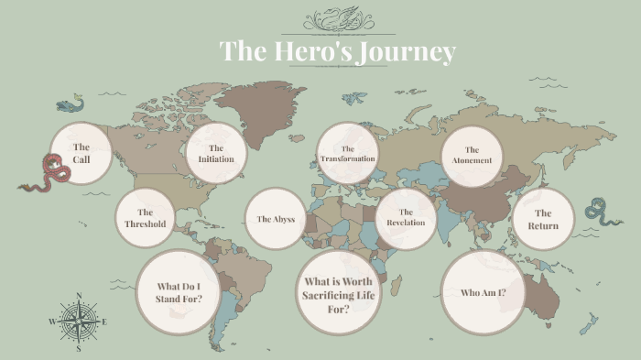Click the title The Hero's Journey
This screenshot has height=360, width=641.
pyautogui.click(x=337, y=51)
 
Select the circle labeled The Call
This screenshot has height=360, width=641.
pyautogui.click(x=81, y=153)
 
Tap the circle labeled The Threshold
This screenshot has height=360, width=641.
pyautogui.click(x=146, y=218)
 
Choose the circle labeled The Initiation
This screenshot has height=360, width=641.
pyautogui.click(x=216, y=153)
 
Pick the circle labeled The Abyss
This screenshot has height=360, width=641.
pyautogui.click(x=276, y=219)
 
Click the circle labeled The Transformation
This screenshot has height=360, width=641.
pyautogui.click(x=348, y=153)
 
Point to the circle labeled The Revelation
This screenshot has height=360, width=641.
pyautogui.click(x=406, y=218)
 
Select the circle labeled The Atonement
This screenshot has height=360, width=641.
pyautogui.click(x=472, y=155)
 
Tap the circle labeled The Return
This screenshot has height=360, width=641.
pyautogui.click(x=543, y=219)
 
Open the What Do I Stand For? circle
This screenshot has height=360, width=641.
pyautogui.click(x=179, y=292)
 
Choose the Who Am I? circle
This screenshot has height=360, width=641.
pyautogui.click(x=483, y=292)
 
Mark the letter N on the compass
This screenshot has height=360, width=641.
pyautogui.click(x=79, y=295)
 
